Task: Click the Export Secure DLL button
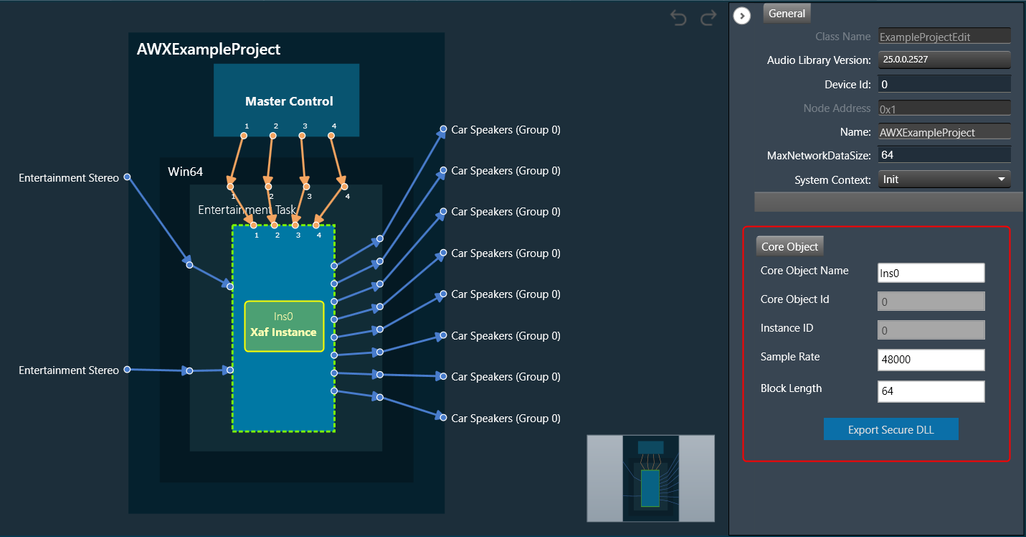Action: [891, 429]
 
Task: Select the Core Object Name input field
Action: [931, 273]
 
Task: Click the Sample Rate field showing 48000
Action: [931, 360]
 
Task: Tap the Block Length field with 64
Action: [931, 391]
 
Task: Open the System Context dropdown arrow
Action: [1002, 179]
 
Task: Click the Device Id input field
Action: [944, 85]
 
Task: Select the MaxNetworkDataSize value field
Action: [944, 155]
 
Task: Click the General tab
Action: [787, 14]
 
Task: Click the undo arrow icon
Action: [678, 18]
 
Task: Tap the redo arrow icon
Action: [708, 18]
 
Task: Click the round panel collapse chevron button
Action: [742, 16]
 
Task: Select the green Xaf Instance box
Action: [284, 326]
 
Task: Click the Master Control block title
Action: [289, 101]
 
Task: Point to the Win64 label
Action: [185, 172]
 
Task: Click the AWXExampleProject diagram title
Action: [209, 49]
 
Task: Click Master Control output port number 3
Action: [303, 136]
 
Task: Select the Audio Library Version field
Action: [944, 60]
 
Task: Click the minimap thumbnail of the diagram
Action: [650, 478]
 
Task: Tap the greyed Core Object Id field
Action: [931, 302]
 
